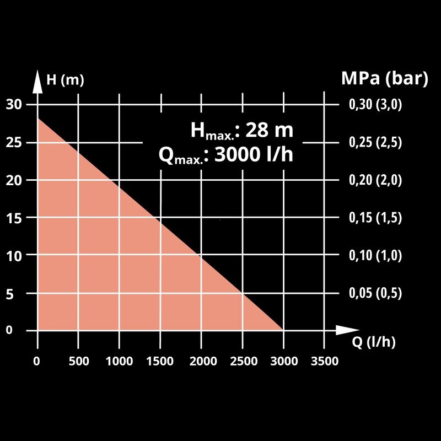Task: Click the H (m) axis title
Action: click(x=65, y=80)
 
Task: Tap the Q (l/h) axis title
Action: click(x=374, y=342)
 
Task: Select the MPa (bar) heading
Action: click(x=384, y=78)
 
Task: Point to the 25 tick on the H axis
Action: click(x=14, y=142)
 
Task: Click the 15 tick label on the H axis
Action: click(x=14, y=218)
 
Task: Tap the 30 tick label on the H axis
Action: click(x=14, y=105)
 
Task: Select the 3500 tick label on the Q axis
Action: click(x=324, y=361)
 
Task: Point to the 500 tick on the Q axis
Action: click(x=78, y=361)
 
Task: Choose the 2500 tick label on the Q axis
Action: click(x=243, y=361)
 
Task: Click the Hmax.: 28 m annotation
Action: click(x=241, y=131)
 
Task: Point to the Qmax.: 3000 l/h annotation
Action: click(x=225, y=155)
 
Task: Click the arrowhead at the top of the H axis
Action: click(x=37, y=80)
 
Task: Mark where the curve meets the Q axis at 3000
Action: click(x=283, y=330)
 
